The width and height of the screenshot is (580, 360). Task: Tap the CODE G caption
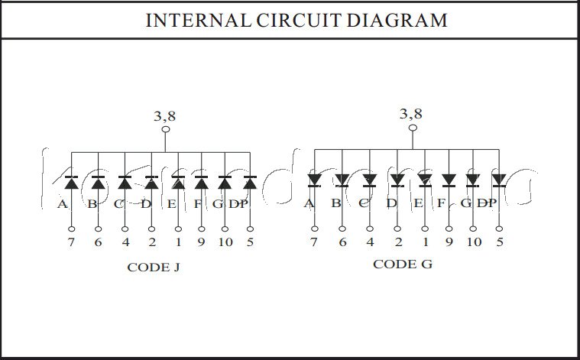(402, 264)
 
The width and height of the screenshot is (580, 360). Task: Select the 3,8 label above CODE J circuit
(165, 117)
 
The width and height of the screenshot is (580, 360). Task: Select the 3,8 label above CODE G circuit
(410, 114)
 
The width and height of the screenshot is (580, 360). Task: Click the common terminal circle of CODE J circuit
(165, 130)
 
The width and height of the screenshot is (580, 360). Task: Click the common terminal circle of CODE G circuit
(412, 127)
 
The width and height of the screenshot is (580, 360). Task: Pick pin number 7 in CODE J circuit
(71, 243)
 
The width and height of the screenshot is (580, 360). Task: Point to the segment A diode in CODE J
(71, 183)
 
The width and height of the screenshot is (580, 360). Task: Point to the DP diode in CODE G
(499, 180)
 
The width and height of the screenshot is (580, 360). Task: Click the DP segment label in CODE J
(239, 204)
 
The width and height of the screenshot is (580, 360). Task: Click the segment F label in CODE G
(442, 203)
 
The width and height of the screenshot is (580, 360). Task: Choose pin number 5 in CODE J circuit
(250, 243)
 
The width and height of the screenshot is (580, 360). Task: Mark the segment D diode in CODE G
(397, 180)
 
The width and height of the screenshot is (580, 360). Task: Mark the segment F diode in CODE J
(201, 183)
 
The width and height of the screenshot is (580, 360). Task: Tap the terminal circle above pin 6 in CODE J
(98, 229)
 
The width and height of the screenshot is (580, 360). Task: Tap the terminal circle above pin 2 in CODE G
(397, 229)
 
